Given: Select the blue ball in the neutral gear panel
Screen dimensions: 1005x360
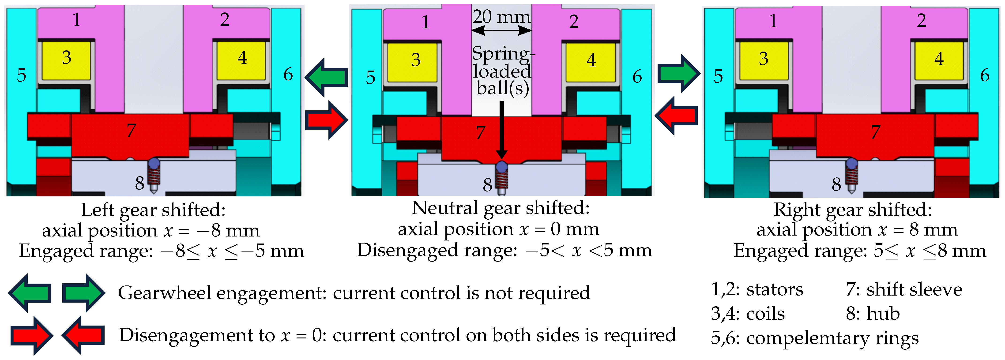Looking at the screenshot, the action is click(x=501, y=167).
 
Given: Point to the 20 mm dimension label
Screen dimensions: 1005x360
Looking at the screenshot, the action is click(x=501, y=16).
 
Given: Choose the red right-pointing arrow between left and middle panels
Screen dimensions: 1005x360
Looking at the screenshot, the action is click(x=326, y=120).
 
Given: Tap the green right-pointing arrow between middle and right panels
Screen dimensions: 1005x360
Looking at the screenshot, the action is click(x=678, y=73).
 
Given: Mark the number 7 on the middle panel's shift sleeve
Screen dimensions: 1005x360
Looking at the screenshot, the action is click(x=481, y=133).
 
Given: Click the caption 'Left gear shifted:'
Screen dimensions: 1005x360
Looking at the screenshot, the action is click(x=153, y=210).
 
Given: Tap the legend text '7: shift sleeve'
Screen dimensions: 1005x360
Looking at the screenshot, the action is click(x=903, y=290).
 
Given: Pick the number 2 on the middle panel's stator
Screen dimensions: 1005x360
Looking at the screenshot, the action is click(x=573, y=22).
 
